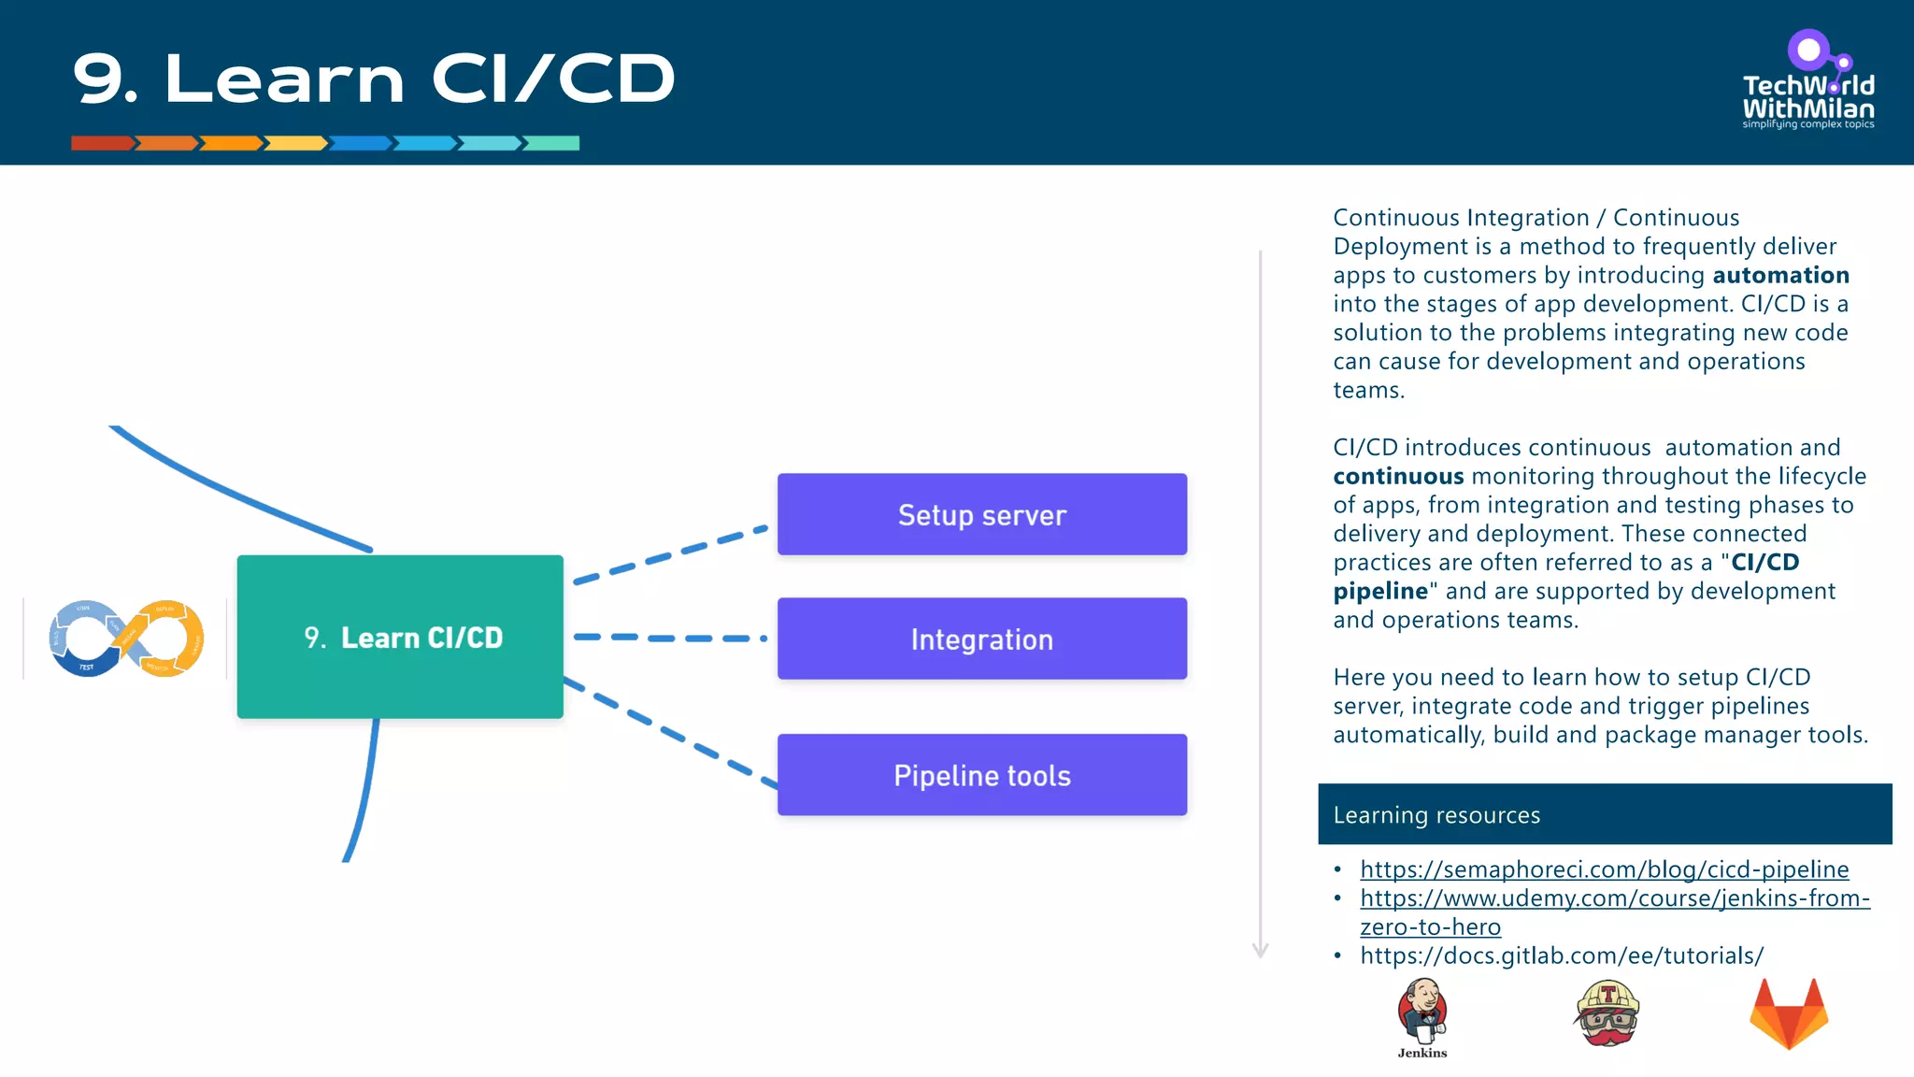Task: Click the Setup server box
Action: [x=981, y=514]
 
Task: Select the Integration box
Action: [x=981, y=639]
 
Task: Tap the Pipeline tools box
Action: [x=981, y=775]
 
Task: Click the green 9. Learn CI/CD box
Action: [x=400, y=637]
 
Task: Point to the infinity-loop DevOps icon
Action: [x=126, y=639]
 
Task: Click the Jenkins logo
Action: [x=1422, y=1014]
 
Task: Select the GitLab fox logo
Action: [x=1788, y=1014]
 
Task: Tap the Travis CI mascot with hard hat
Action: [x=1607, y=1013]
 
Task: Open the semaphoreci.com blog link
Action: [x=1604, y=869]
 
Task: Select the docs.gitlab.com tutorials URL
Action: [x=1561, y=955]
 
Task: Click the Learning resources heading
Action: [x=1436, y=815]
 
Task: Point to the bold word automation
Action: [x=1780, y=275]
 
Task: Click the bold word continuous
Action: [x=1398, y=477]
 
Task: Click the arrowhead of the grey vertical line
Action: [x=1260, y=951]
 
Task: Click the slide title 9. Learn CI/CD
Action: [x=374, y=79]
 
